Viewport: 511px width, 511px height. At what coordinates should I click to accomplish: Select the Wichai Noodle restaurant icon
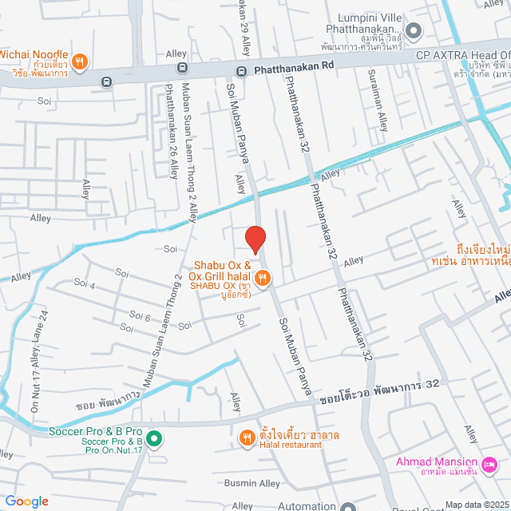point(79,61)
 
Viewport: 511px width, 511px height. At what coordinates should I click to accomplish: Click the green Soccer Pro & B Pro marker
point(154,438)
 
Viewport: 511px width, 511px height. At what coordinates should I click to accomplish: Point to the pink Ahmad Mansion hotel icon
point(489,463)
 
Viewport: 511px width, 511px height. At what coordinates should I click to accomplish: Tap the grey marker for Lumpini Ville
point(413,32)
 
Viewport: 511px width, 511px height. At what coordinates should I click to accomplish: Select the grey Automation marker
point(347,506)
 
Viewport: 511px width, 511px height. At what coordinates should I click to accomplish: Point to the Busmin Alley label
point(252,483)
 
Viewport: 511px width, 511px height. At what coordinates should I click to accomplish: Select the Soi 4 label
point(85,283)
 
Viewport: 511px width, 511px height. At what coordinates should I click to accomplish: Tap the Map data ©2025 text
point(477,505)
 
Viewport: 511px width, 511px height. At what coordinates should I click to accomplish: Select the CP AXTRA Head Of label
point(462,56)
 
